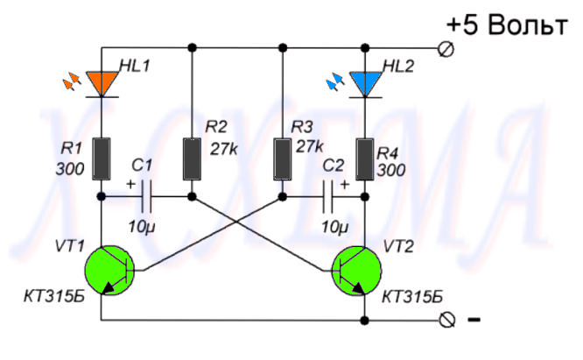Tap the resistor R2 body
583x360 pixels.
192,156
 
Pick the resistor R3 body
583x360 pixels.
283,156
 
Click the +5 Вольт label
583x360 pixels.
505,25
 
